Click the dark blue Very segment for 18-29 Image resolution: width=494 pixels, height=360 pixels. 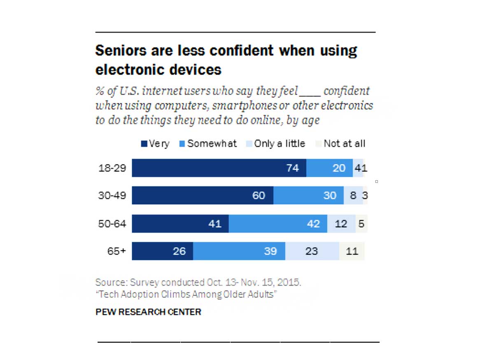(x=219, y=168)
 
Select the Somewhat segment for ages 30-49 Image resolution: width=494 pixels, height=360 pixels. (x=308, y=196)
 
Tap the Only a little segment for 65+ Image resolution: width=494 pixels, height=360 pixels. (x=312, y=251)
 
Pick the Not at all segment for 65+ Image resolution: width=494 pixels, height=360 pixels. (x=352, y=251)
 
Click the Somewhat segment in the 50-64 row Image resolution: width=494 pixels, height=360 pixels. (x=278, y=224)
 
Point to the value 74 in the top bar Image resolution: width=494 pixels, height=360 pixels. (x=292, y=168)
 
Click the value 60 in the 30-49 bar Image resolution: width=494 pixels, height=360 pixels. (x=259, y=196)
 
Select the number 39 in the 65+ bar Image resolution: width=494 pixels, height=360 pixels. (x=270, y=251)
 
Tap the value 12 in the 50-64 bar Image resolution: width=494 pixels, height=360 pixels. (x=341, y=224)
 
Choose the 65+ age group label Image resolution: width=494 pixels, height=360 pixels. (x=116, y=251)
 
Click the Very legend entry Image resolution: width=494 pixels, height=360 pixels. (x=155, y=144)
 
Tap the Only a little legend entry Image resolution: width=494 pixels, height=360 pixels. (x=275, y=144)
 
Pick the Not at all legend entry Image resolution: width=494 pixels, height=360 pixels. (x=341, y=144)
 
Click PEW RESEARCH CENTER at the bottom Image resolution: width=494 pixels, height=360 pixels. (x=148, y=312)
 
